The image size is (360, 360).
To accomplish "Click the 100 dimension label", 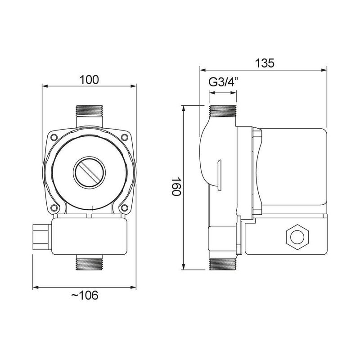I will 89,80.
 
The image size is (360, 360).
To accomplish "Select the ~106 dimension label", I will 85,296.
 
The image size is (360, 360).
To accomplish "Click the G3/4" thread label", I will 223,83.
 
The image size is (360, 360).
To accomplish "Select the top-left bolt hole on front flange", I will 54,136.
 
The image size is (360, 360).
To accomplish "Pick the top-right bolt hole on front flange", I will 124,136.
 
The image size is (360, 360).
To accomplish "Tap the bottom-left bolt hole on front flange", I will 54,207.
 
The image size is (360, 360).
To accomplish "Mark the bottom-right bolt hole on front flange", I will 124,207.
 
